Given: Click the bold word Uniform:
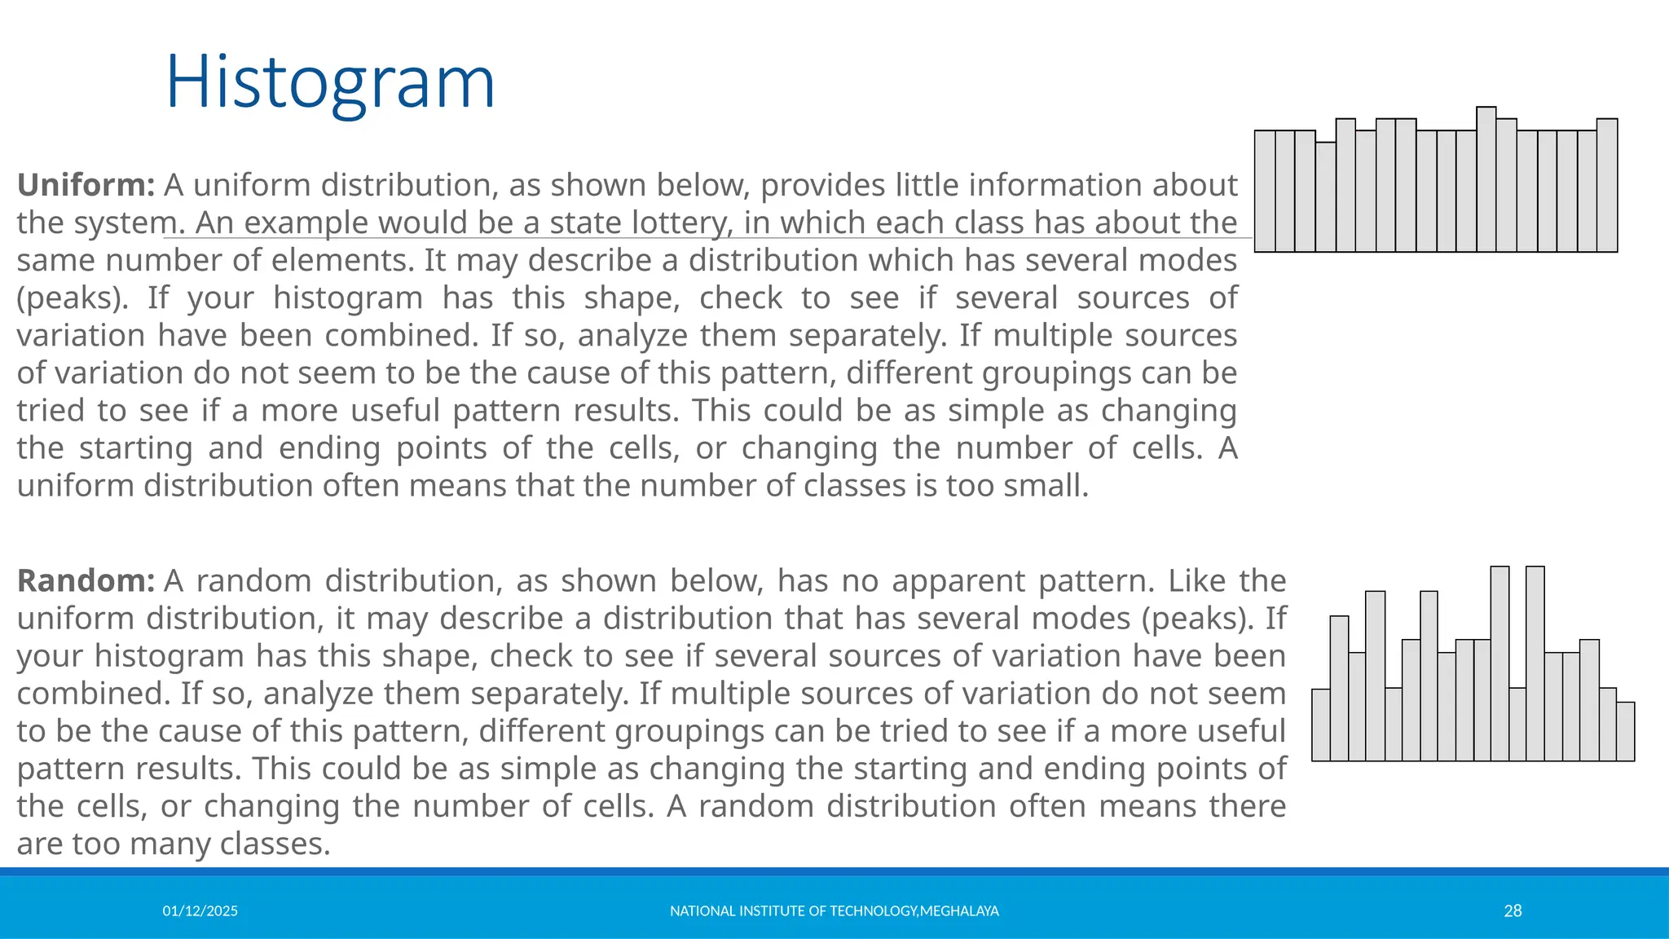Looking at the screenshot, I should (x=86, y=185).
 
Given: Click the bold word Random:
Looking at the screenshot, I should (x=86, y=581).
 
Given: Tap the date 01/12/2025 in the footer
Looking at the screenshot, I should (x=200, y=911).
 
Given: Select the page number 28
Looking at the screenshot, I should (x=1513, y=911).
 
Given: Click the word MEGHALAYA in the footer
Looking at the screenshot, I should (x=959, y=911).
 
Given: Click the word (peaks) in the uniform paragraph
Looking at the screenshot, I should (x=72, y=298).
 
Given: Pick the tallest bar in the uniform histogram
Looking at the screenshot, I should (x=1486, y=179).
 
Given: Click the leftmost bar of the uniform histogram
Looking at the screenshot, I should (x=1265, y=192).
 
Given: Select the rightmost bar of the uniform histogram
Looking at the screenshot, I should (x=1607, y=186).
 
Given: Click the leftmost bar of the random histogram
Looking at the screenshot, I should (x=1321, y=725).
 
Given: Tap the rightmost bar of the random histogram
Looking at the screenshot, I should (x=1625, y=732).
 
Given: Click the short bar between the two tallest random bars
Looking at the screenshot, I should (x=1517, y=725).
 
